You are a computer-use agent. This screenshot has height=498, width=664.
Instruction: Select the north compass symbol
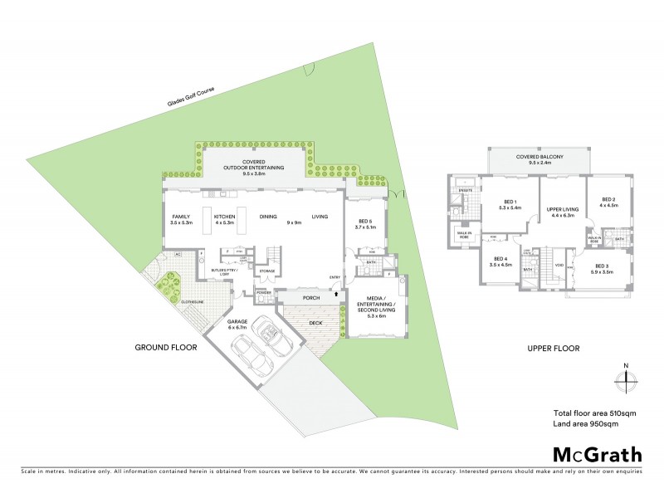pos(627,380)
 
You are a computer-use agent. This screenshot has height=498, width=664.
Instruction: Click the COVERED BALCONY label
pos(539,156)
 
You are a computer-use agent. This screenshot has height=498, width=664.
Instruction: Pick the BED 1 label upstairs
pos(510,202)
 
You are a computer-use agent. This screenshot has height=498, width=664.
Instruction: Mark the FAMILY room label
pos(181,216)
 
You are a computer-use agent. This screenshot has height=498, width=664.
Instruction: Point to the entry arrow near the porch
pos(335,292)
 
